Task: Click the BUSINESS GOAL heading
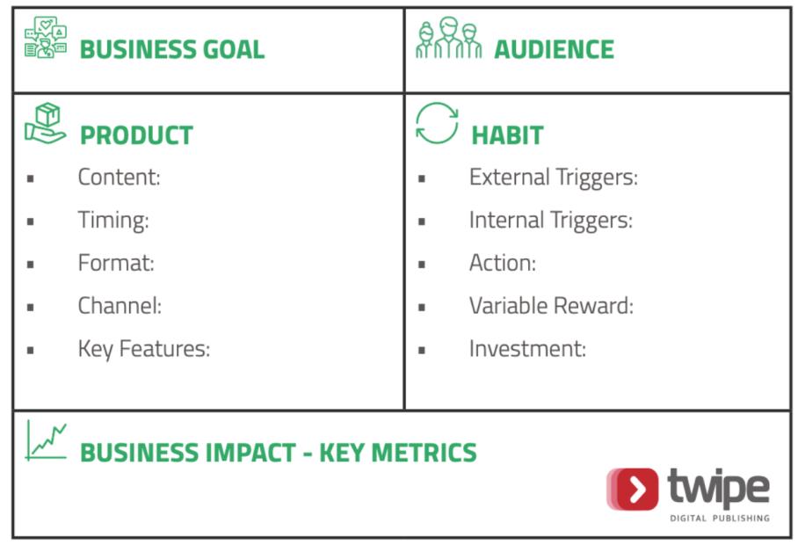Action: pos(172,49)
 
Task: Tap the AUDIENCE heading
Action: pos(555,49)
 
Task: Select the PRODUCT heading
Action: pos(136,135)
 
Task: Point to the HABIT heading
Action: pos(507,135)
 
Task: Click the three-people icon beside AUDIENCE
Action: pos(448,38)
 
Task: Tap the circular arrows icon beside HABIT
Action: pos(437,123)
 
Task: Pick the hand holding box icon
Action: pos(46,123)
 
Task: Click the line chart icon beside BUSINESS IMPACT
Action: pos(46,440)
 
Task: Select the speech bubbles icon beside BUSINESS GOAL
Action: pos(46,37)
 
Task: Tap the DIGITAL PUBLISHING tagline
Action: pos(719,518)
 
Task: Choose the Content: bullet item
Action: pos(120,177)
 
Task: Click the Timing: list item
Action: pos(113,221)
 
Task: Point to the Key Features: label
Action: pos(144,350)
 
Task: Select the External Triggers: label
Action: pos(553,178)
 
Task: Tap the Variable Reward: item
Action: pos(551,306)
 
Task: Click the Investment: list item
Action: pos(528,349)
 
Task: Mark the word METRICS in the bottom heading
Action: pos(424,453)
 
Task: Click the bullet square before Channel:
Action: pos(31,308)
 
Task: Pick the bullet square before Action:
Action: pos(422,265)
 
